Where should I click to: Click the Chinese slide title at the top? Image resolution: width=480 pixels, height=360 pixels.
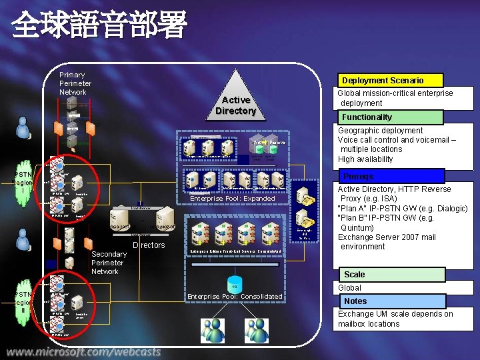click(99, 26)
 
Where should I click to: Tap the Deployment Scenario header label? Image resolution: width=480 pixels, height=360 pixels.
click(382, 80)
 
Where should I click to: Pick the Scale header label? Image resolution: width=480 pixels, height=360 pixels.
click(354, 274)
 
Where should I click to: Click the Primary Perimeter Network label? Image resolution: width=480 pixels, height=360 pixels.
click(75, 83)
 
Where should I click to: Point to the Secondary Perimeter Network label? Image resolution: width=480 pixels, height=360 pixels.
click(109, 263)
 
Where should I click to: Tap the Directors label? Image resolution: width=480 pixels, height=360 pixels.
click(149, 245)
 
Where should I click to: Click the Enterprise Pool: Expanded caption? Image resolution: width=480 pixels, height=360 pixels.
click(232, 199)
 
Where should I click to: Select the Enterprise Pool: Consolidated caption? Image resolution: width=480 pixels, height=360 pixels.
click(235, 296)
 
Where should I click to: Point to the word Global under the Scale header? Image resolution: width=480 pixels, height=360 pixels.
click(349, 288)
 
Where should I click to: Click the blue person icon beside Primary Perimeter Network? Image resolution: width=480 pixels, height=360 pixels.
click(23, 130)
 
